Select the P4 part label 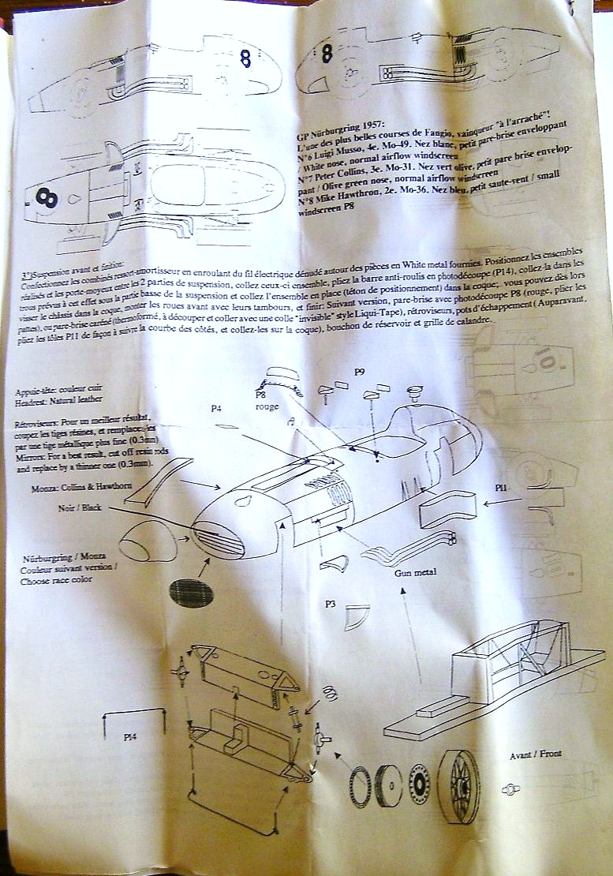tap(219, 409)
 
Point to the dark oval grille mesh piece tap(192, 593)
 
